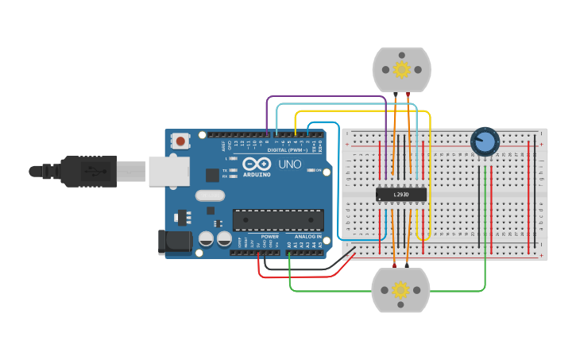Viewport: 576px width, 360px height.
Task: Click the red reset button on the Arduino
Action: [181, 142]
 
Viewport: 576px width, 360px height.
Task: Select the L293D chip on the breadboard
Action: [401, 195]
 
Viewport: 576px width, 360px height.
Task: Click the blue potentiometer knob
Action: [484, 141]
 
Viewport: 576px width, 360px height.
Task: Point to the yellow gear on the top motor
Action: [401, 70]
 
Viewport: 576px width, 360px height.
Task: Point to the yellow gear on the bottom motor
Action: [401, 290]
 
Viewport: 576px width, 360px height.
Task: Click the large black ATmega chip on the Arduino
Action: [278, 220]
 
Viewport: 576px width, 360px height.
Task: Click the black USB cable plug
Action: [95, 170]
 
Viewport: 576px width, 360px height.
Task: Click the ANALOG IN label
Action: [308, 237]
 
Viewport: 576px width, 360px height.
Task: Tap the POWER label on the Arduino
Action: [270, 237]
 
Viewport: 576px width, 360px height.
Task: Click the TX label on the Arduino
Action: [225, 170]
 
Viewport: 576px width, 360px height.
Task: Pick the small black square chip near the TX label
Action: [212, 176]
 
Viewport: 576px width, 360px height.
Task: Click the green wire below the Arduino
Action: [381, 291]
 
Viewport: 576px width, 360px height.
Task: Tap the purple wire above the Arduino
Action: [326, 98]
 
